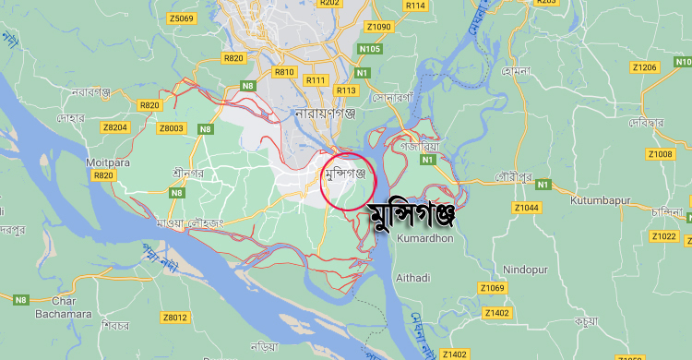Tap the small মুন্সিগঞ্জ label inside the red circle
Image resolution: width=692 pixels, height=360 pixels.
tap(345, 173)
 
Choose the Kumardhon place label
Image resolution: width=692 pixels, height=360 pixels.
tap(424, 238)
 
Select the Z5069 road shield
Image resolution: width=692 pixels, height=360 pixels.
tap(182, 18)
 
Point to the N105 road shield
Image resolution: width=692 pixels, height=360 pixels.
tap(370, 48)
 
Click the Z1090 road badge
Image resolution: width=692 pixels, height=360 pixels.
tap(379, 27)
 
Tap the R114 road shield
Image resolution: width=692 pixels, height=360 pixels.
tap(415, 6)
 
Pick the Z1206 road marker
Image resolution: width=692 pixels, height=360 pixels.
tap(644, 67)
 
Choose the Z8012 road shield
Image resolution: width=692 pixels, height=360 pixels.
tap(174, 318)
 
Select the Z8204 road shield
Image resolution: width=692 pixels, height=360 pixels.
tap(116, 127)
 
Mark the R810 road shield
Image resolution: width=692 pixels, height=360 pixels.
tap(284, 71)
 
